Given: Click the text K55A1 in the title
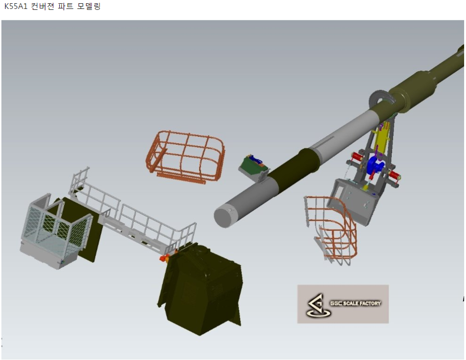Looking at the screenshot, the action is pyautogui.click(x=16, y=6).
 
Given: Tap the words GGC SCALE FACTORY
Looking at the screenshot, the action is pyautogui.click(x=355, y=303).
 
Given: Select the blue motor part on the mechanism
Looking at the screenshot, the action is pyautogui.click(x=375, y=167).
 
